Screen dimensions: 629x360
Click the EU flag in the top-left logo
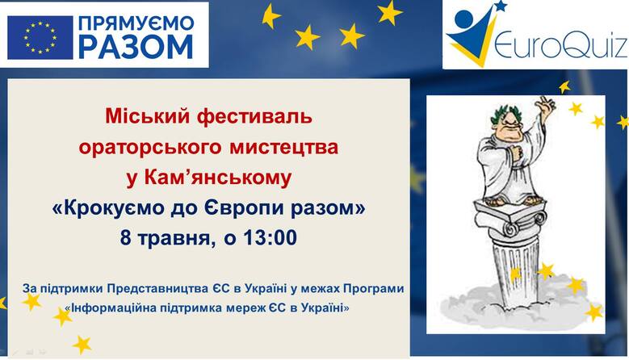coord(40,38)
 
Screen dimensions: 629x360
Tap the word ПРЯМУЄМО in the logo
coord(136,23)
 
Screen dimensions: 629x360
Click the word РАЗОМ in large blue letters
coord(136,47)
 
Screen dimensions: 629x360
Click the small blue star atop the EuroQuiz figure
coord(500,5)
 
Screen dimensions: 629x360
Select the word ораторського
coord(150,148)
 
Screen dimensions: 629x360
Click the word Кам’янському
coord(218,178)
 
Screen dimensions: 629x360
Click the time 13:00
coord(270,237)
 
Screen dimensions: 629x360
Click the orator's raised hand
coord(546,104)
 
